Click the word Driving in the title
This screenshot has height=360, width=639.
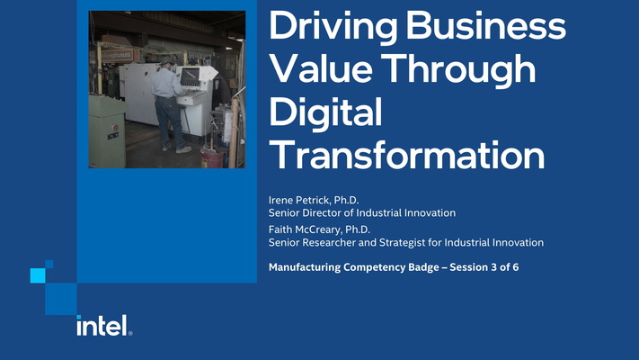pyautogui.click(x=332, y=27)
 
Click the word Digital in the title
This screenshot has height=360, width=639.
pyautogui.click(x=325, y=113)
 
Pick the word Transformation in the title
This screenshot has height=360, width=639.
pyautogui.click(x=407, y=155)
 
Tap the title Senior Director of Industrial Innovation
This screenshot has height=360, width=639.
pyautogui.click(x=362, y=213)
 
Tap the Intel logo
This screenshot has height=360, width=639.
pyautogui.click(x=103, y=325)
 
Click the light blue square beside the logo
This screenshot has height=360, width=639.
pyautogui.click(x=37, y=274)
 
